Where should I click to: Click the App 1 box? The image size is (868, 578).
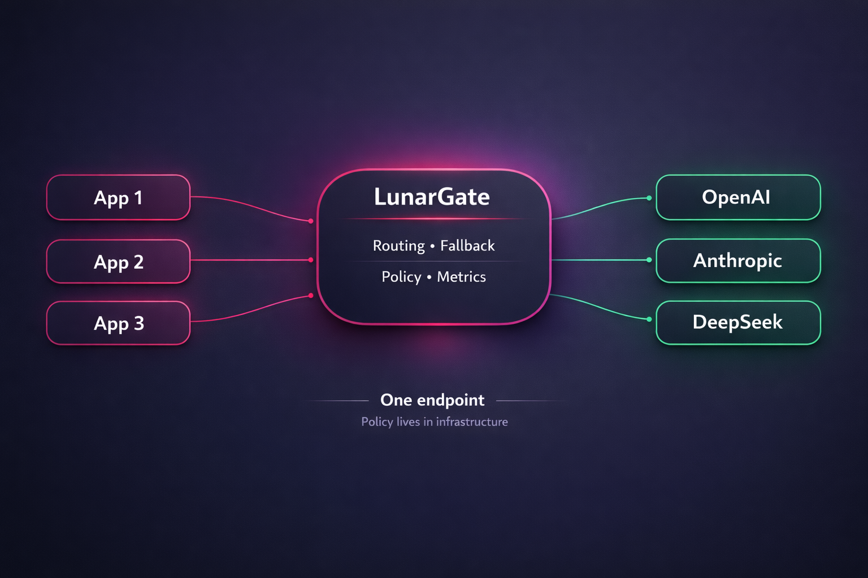[x=118, y=198]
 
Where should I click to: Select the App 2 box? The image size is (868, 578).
[x=118, y=262]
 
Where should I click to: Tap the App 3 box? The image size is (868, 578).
[x=118, y=323]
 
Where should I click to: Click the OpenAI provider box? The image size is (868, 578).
[x=737, y=198]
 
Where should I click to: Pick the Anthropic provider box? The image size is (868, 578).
[x=737, y=261]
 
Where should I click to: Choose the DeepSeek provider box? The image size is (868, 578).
[x=737, y=322]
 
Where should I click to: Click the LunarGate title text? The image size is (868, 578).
[x=432, y=197]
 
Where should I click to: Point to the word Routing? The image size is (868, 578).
[x=398, y=246]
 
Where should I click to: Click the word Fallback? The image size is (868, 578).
[x=467, y=246]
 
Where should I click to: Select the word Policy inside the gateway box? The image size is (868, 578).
[x=401, y=277]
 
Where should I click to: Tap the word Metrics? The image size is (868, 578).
[x=461, y=277]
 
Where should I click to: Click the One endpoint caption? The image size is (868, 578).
[x=432, y=400]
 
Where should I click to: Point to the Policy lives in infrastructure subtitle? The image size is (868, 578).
[x=434, y=422]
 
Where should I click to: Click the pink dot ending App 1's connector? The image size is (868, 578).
[x=311, y=221]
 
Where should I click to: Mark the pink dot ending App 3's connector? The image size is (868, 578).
[x=311, y=295]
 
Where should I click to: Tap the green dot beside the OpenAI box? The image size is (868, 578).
[x=649, y=198]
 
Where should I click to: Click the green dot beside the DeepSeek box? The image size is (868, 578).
[x=649, y=319]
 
